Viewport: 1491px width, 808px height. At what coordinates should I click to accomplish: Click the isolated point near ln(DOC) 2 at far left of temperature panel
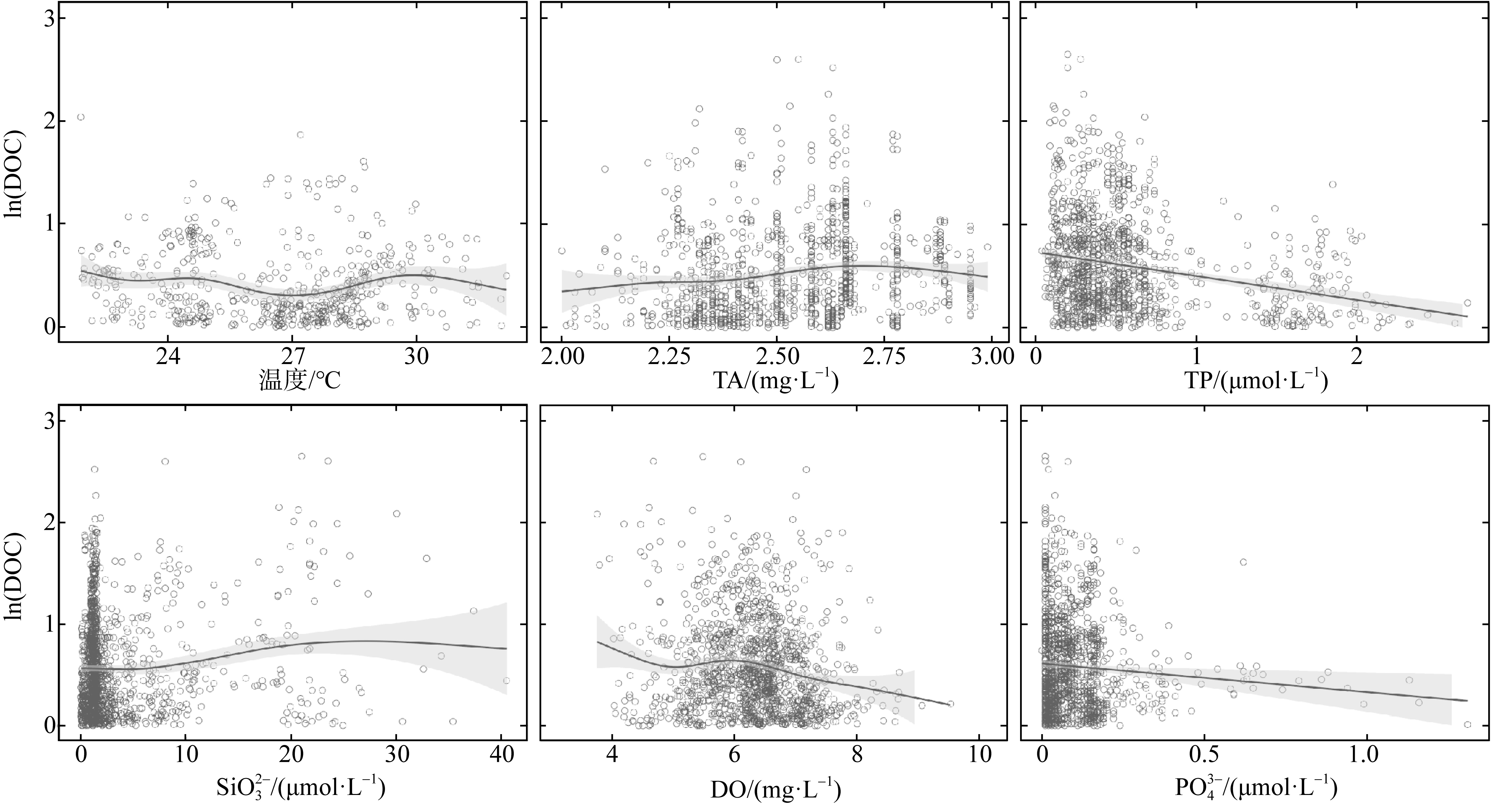coord(81,117)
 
